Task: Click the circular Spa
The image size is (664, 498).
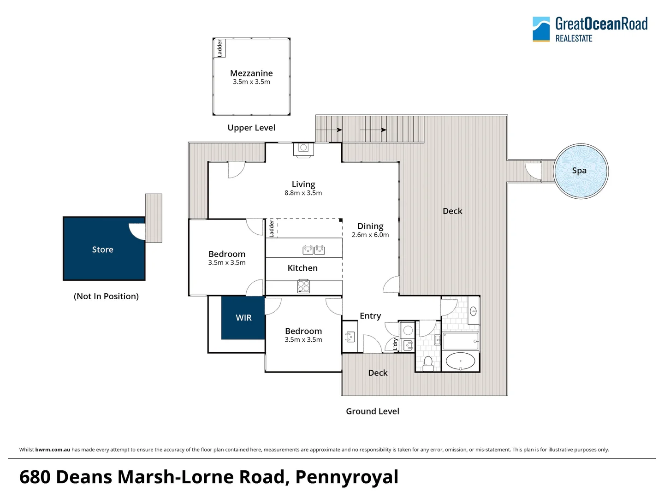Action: [x=581, y=171]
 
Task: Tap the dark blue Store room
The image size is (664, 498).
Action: [x=103, y=249]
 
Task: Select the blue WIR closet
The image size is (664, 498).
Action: [x=243, y=318]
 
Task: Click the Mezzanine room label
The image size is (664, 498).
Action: [x=251, y=73]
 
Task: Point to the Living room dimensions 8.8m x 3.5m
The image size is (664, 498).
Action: [x=303, y=193]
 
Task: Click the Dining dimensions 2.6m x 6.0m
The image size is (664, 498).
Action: [x=370, y=235]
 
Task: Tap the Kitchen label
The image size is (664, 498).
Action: [x=302, y=268]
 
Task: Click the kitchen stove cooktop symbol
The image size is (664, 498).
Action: [x=303, y=287]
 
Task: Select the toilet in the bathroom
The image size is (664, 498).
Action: [x=428, y=362]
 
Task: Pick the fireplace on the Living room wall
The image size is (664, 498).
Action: [x=303, y=149]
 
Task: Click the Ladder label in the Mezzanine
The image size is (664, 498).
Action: [x=220, y=48]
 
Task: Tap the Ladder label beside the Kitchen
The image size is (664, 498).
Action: [x=272, y=228]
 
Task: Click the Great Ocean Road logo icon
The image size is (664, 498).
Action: [x=541, y=29]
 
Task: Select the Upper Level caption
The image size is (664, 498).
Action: [x=251, y=128]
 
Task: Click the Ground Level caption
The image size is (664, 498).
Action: [x=373, y=411]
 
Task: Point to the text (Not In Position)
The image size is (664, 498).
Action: [x=106, y=296]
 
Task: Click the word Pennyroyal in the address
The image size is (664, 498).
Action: [x=347, y=477]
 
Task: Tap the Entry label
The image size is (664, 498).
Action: [x=370, y=316]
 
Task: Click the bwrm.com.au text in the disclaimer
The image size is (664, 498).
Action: [x=53, y=450]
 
